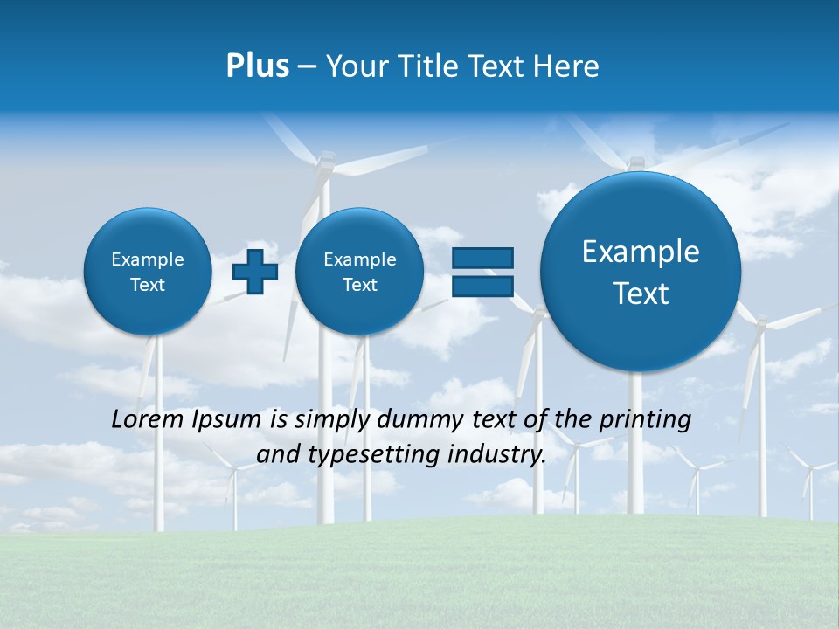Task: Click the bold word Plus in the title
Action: point(257,66)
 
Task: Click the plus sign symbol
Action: point(254,272)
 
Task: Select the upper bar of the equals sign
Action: point(482,258)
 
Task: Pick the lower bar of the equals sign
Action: point(482,286)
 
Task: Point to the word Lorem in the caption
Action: point(149,419)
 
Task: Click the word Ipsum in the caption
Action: point(227,420)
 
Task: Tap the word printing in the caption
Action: point(646,420)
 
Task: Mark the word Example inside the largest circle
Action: point(641,252)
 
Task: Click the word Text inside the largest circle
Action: point(641,294)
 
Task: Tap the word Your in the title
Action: point(357,66)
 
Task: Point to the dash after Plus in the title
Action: point(307,67)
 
